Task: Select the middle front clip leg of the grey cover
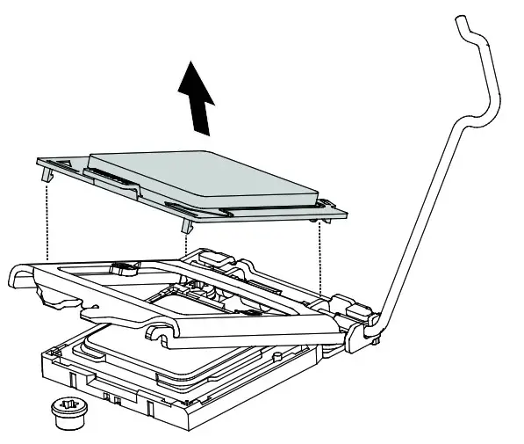[x=187, y=230]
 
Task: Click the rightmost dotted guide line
[x=320, y=259]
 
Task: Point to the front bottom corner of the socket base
[x=186, y=422]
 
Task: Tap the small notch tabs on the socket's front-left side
[x=110, y=400]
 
